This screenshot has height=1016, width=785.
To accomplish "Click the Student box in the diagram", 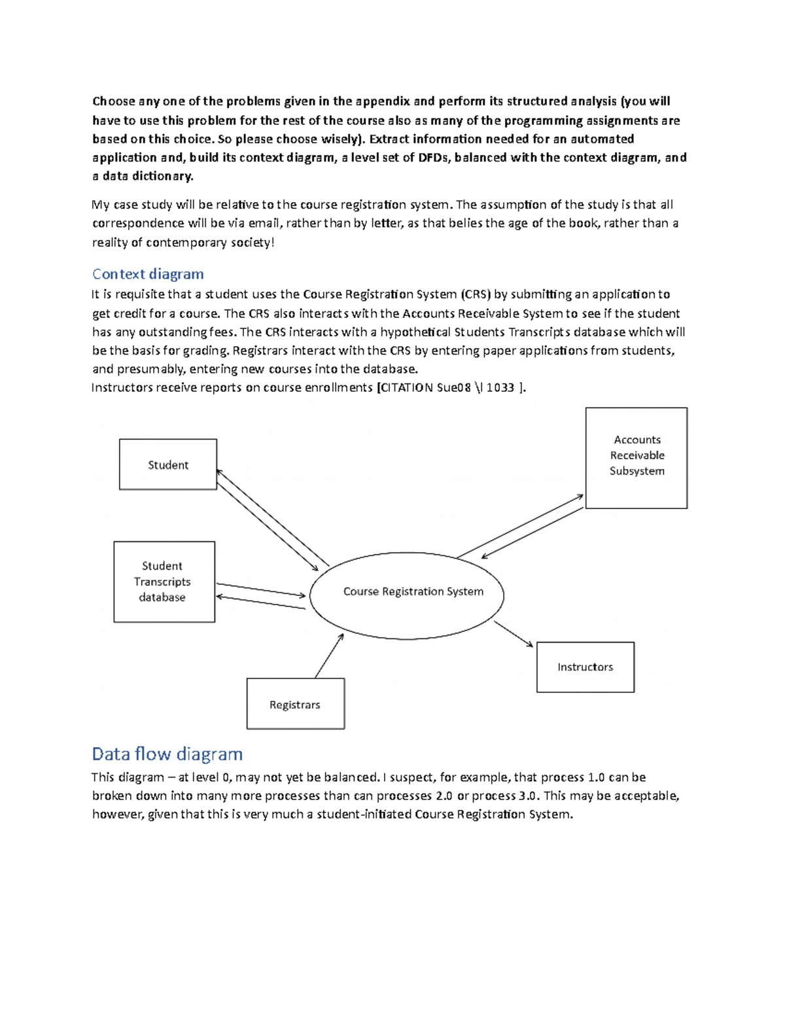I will click(x=168, y=464).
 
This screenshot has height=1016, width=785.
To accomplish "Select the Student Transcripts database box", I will click(x=164, y=582).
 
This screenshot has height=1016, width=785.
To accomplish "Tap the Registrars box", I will click(x=295, y=704).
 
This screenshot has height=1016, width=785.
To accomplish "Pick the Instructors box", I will click(x=585, y=667).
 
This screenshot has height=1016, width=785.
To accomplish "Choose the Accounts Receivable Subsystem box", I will click(x=636, y=457).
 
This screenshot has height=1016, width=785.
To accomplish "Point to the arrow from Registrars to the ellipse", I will click(x=329, y=656).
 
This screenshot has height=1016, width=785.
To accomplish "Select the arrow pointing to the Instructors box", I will click(x=514, y=634).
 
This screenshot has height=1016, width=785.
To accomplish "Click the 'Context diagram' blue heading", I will click(x=148, y=274).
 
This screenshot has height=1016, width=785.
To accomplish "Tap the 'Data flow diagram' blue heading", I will click(x=167, y=754).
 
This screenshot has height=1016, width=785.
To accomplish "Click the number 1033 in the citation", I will click(x=500, y=387).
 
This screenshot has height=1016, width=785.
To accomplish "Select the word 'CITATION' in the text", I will click(x=407, y=387).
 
